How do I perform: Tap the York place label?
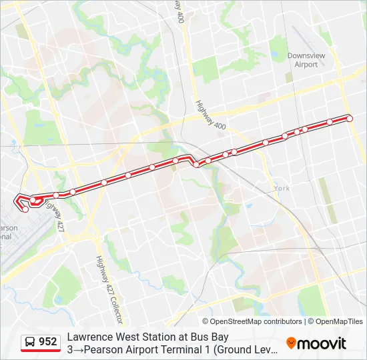(x=282, y=189)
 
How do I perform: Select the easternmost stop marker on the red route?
(x=350, y=118)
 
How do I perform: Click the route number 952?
(x=48, y=342)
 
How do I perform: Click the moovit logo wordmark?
(x=322, y=343)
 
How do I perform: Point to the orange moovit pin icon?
(x=291, y=343)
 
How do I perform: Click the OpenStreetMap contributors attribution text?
(x=247, y=321)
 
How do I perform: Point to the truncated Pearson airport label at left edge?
(x=8, y=232)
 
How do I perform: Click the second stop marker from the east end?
(x=330, y=122)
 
